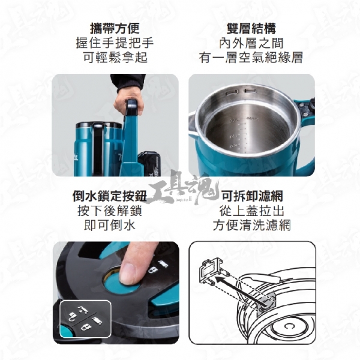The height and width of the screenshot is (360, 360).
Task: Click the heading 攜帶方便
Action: pyautogui.click(x=115, y=28)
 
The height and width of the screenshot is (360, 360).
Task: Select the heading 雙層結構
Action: pyautogui.click(x=251, y=28)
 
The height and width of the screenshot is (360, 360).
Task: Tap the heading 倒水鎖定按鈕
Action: pyautogui.click(x=110, y=196)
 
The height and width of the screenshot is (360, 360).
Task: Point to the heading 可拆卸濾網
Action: pyautogui.click(x=252, y=196)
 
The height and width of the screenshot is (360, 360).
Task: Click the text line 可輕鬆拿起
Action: pyautogui.click(x=115, y=57)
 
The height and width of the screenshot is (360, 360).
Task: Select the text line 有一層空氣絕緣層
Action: pyautogui.click(x=251, y=57)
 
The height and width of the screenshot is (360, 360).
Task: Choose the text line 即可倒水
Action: pyautogui.click(x=110, y=225)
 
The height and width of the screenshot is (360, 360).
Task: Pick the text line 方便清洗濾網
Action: pyautogui.click(x=252, y=225)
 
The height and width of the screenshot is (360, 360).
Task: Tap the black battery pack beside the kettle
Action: pyautogui.click(x=149, y=163)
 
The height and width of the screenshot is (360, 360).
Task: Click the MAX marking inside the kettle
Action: pyautogui.click(x=253, y=119)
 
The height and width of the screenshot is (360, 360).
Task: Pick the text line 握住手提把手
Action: pyautogui.click(x=115, y=43)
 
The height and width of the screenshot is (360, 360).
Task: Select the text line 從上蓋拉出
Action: pyautogui.click(x=252, y=211)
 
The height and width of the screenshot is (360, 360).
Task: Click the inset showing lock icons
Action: pyautogui.click(x=85, y=319)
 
